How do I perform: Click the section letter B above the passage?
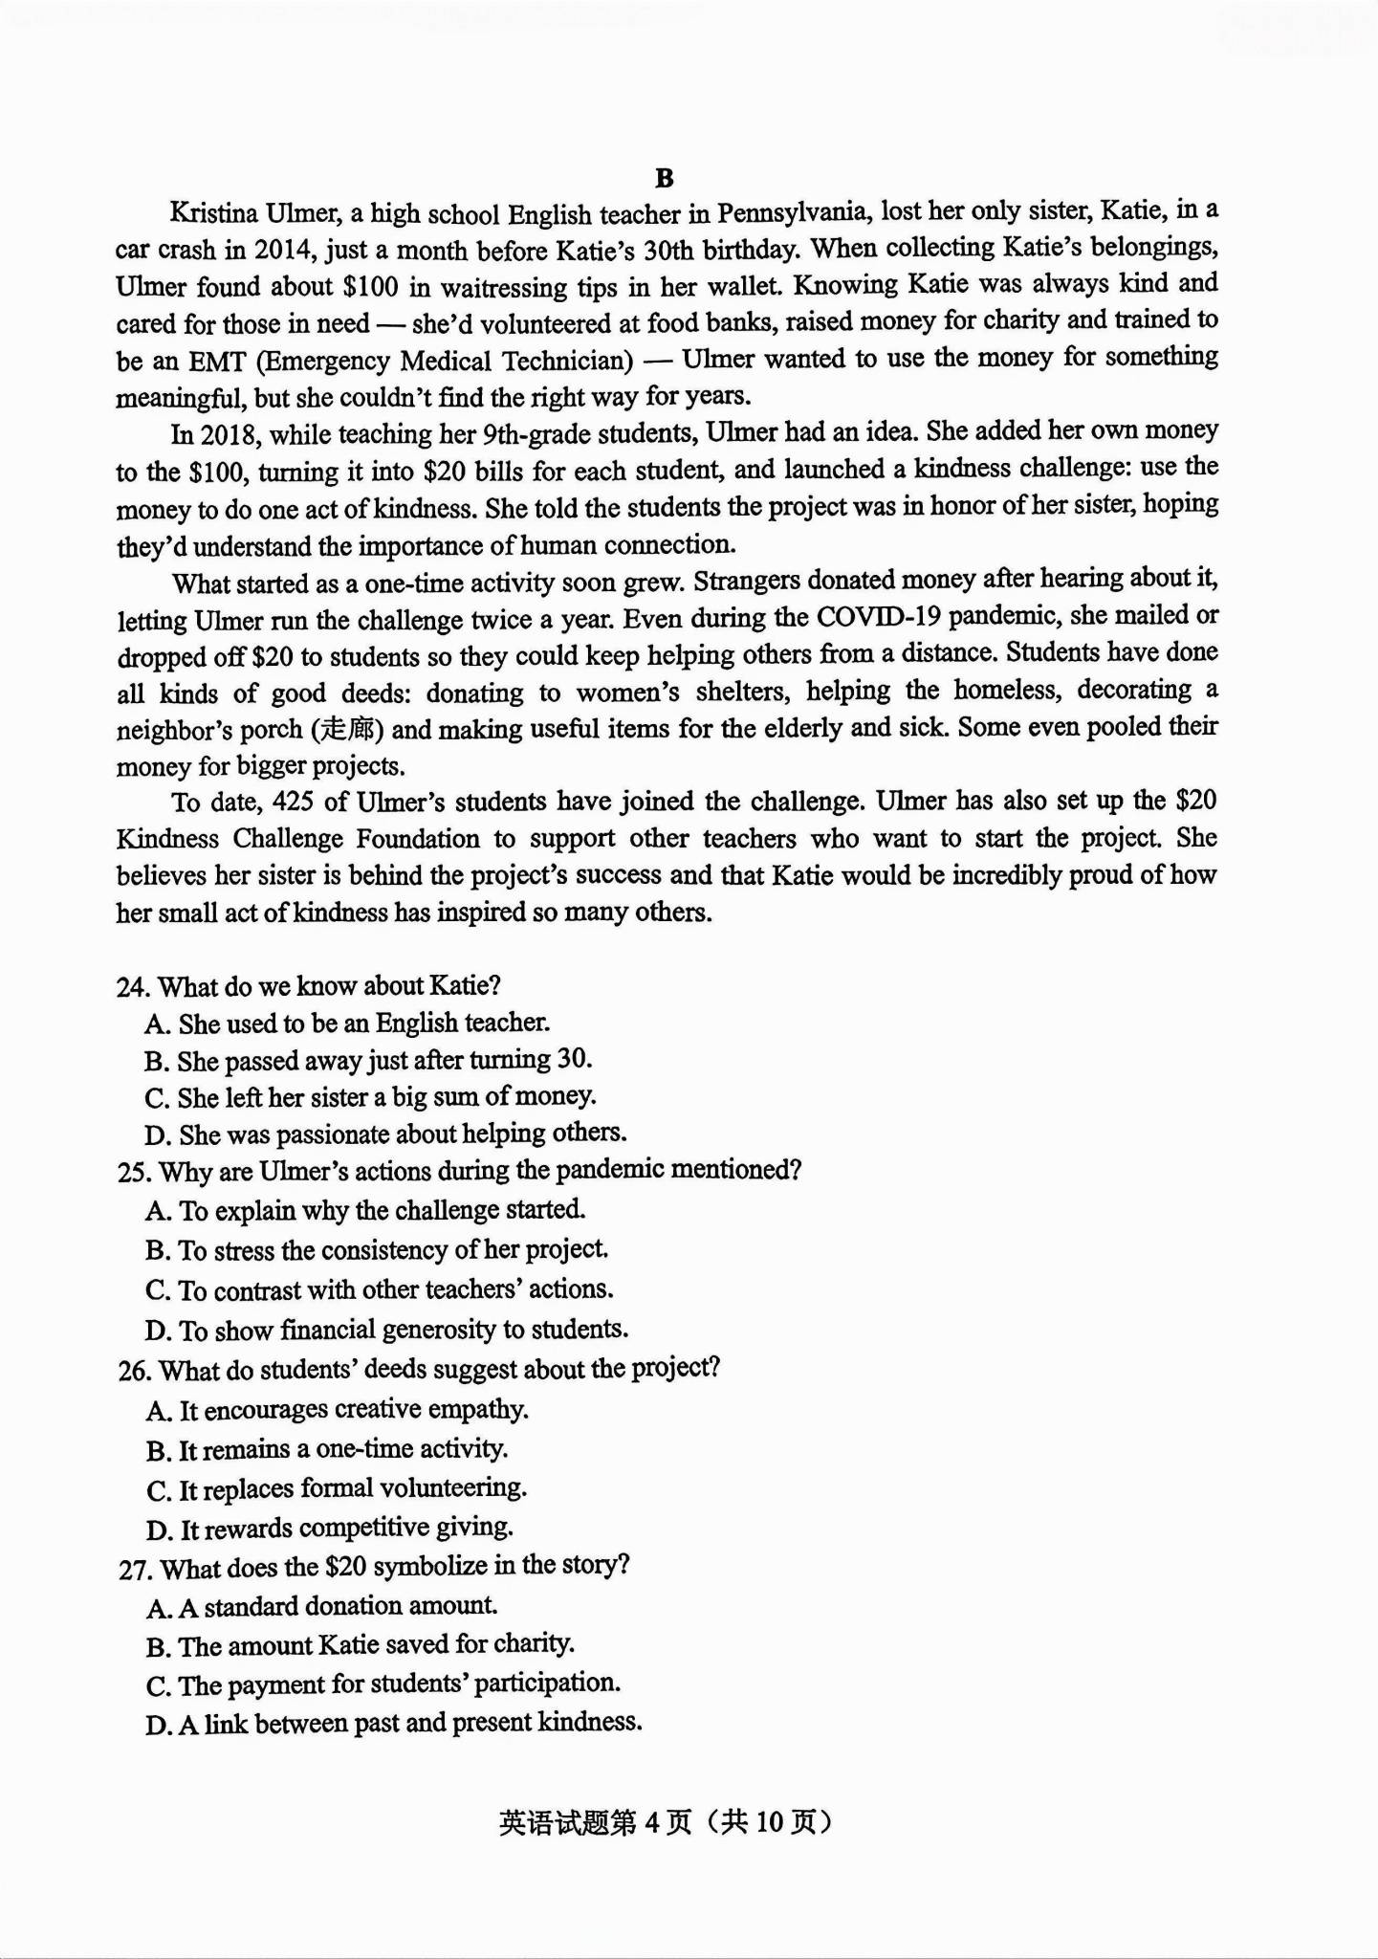tap(665, 179)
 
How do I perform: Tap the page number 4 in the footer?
tap(653, 1823)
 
